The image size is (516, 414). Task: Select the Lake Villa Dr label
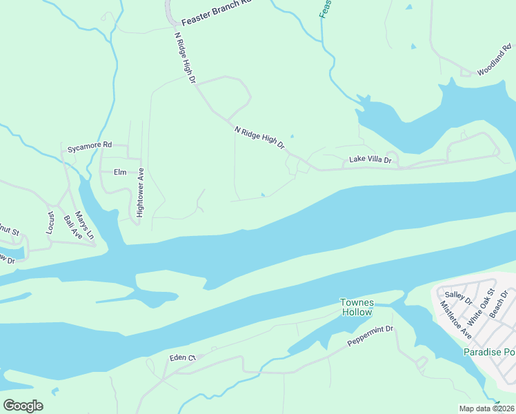pos(370,159)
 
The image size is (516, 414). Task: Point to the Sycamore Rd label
pos(89,146)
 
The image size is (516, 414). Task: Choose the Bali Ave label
pos(72,228)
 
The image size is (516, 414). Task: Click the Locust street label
pos(50,222)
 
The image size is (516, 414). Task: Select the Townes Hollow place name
pos(357,307)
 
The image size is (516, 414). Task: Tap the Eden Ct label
pos(183,357)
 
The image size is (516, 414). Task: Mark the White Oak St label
pos(482,307)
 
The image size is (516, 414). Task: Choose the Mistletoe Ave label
pos(456,320)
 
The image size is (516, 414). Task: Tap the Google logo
pos(22,405)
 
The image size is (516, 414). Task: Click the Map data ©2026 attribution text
pos(486,408)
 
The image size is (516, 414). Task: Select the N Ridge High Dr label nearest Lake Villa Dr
pos(259,137)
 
